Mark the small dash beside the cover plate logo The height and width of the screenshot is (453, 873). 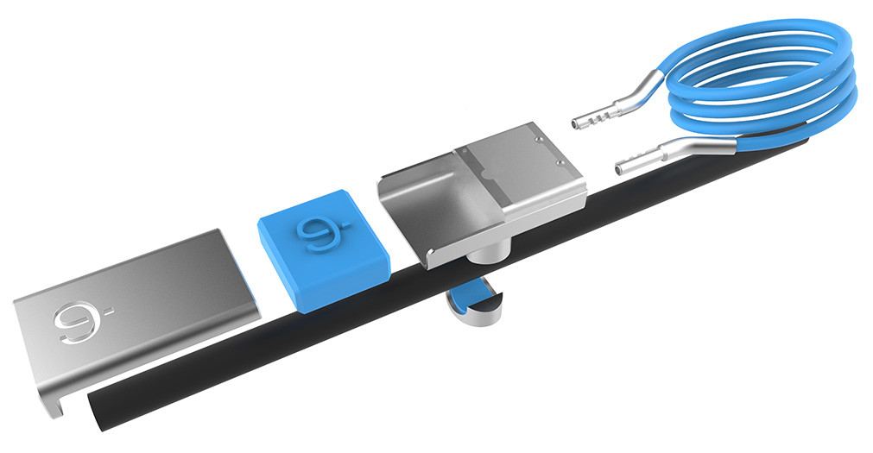tap(107, 307)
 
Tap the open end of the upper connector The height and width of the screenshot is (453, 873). tap(575, 125)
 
